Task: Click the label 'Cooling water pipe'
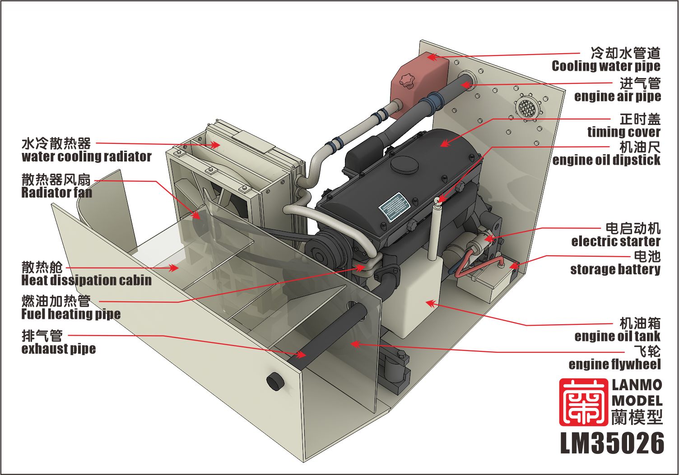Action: (606, 66)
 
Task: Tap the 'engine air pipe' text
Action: (618, 97)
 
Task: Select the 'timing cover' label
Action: (624, 132)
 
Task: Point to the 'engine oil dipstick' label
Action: (606, 160)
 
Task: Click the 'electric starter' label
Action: (616, 241)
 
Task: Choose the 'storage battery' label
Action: (615, 269)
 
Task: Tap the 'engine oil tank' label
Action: (618, 336)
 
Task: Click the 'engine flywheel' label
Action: (614, 364)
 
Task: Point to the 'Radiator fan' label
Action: (57, 193)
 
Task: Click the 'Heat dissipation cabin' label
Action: (86, 280)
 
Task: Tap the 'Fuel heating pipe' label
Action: (71, 314)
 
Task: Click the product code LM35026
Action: (612, 443)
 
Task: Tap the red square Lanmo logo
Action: (583, 402)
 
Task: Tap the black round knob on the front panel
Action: (275, 380)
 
